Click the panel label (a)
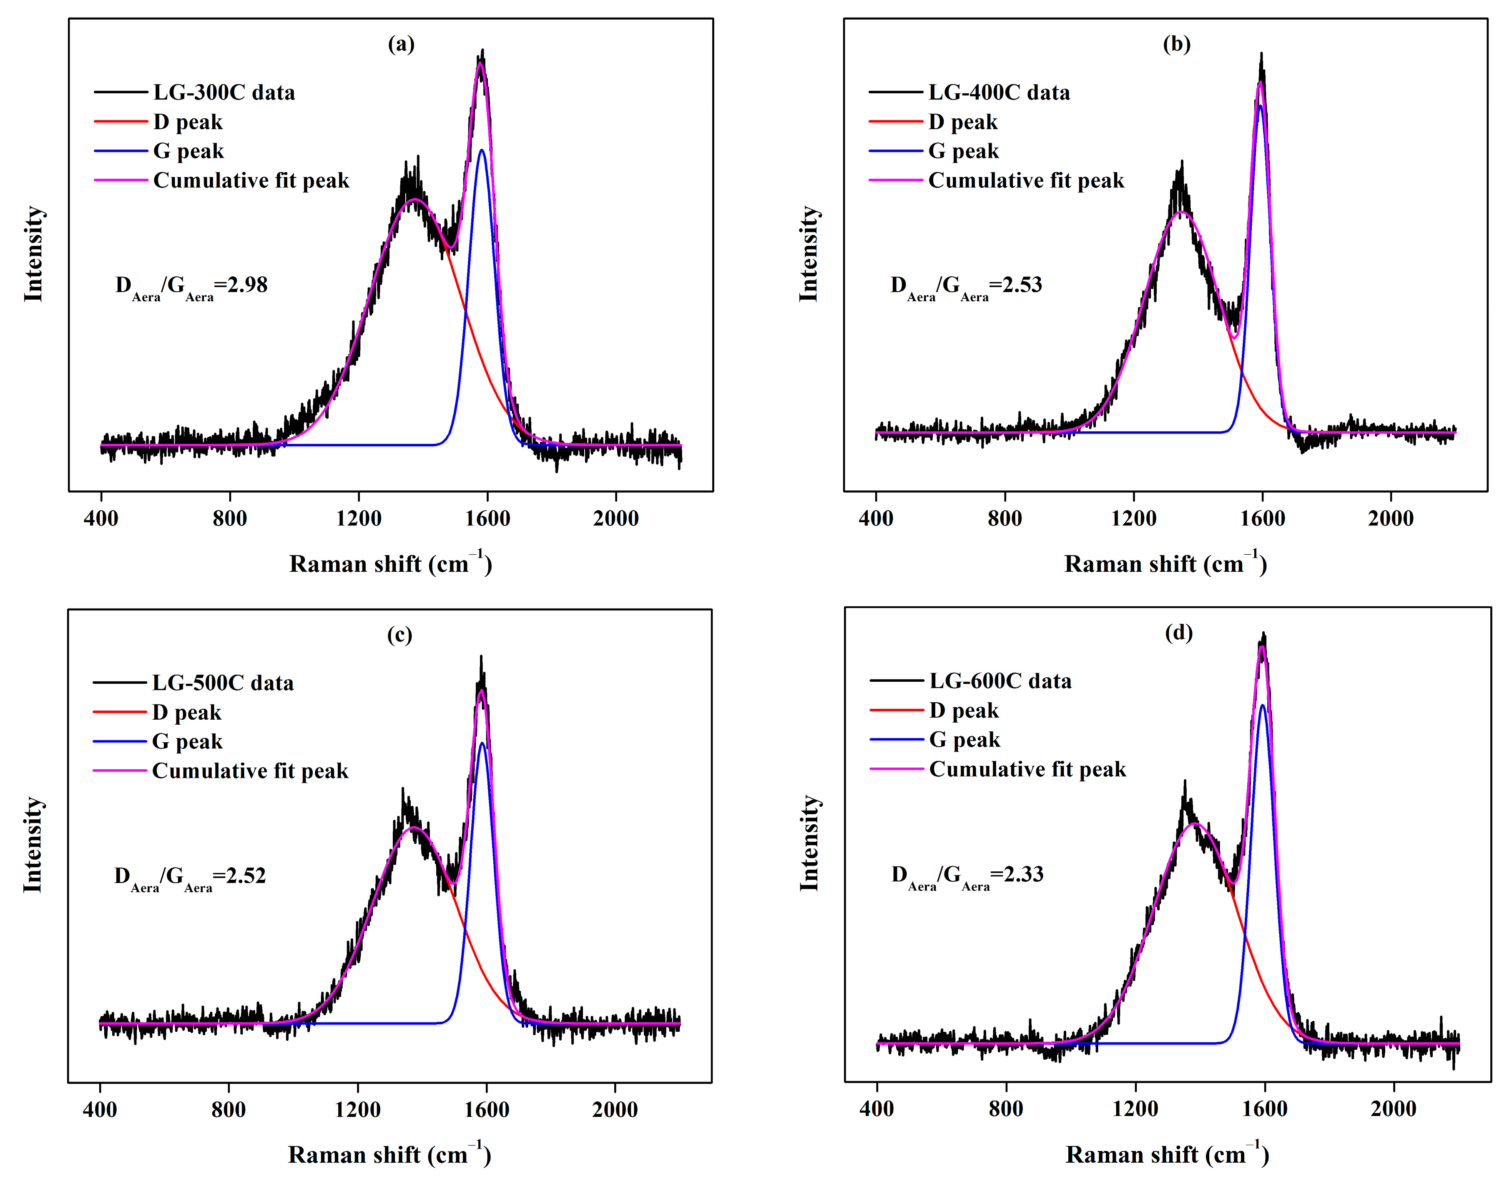(401, 45)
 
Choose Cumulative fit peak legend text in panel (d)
(1027, 769)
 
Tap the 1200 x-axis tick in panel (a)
(359, 518)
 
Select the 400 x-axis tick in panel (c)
(100, 1109)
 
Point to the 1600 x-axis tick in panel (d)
(1264, 1108)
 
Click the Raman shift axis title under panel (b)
(1165, 564)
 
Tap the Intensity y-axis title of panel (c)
(33, 845)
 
